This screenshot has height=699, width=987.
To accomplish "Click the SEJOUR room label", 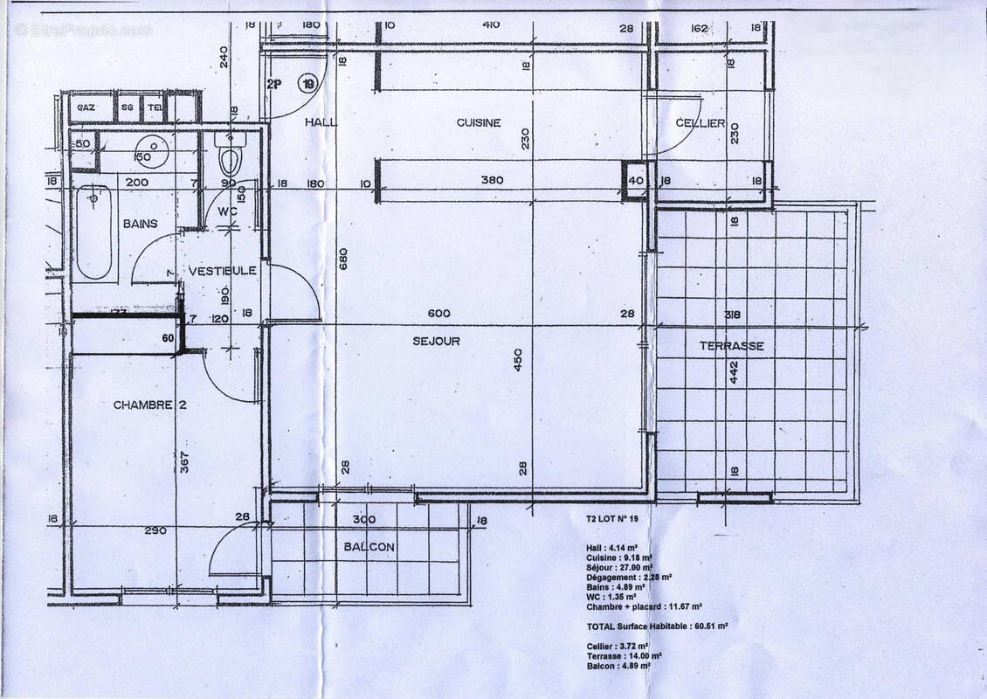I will [x=436, y=341].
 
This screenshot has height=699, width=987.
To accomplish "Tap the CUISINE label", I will [x=479, y=123].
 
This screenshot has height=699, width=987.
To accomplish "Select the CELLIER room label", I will [x=701, y=123].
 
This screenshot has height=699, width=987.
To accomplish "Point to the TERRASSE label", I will [x=731, y=346].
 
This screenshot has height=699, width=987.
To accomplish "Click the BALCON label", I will [x=369, y=547].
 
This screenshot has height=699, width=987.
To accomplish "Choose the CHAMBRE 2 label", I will [x=150, y=405].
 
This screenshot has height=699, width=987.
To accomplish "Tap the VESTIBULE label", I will [x=223, y=271].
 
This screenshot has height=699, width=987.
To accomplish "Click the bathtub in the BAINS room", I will [x=94, y=232].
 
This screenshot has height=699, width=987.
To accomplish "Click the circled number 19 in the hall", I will [x=307, y=84].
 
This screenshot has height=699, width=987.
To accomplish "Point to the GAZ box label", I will [x=86, y=107].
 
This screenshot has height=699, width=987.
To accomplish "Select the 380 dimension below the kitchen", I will [x=493, y=181].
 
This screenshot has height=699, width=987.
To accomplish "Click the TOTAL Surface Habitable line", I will [x=656, y=626].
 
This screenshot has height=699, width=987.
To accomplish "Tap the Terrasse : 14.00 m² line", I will [x=624, y=656].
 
